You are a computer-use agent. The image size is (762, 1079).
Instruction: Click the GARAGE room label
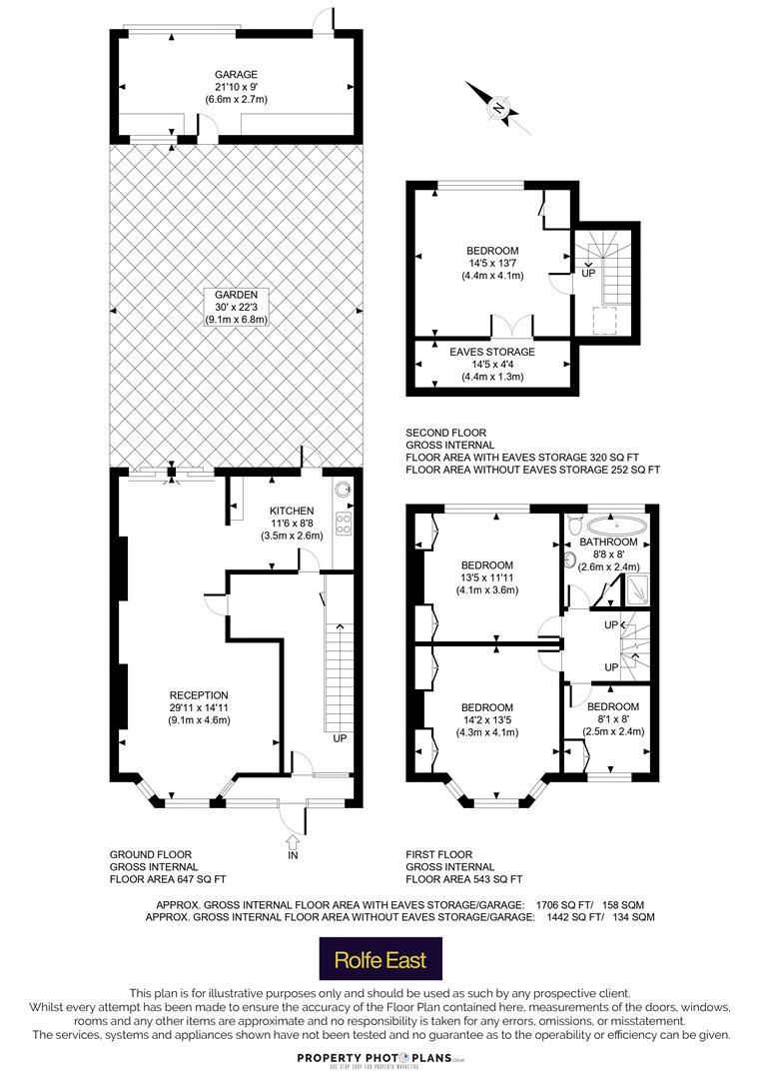click(x=236, y=74)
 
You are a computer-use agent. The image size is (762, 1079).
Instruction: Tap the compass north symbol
click(x=498, y=108)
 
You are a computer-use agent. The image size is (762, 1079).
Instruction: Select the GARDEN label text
click(x=236, y=295)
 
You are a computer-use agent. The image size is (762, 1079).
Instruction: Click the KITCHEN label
click(x=292, y=511)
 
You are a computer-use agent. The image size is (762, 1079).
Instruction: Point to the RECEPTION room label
click(x=199, y=695)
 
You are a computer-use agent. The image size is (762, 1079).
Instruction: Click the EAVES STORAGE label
click(x=492, y=352)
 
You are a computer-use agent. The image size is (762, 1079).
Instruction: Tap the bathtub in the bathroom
click(x=617, y=527)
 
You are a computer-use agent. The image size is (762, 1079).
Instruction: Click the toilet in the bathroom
click(x=575, y=526)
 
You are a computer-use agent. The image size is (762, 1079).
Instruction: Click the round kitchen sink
click(x=343, y=490)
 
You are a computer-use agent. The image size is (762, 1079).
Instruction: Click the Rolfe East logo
click(x=381, y=958)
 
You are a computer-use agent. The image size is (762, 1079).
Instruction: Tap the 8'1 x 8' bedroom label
click(x=613, y=719)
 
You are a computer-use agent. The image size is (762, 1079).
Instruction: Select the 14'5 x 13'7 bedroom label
click(x=492, y=264)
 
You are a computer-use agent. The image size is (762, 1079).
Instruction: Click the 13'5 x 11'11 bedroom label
click(x=487, y=577)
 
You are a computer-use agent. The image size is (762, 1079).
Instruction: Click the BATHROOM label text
click(x=608, y=542)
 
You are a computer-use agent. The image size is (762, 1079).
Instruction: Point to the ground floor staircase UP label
click(x=340, y=738)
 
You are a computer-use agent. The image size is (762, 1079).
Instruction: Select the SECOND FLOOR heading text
click(x=445, y=433)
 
